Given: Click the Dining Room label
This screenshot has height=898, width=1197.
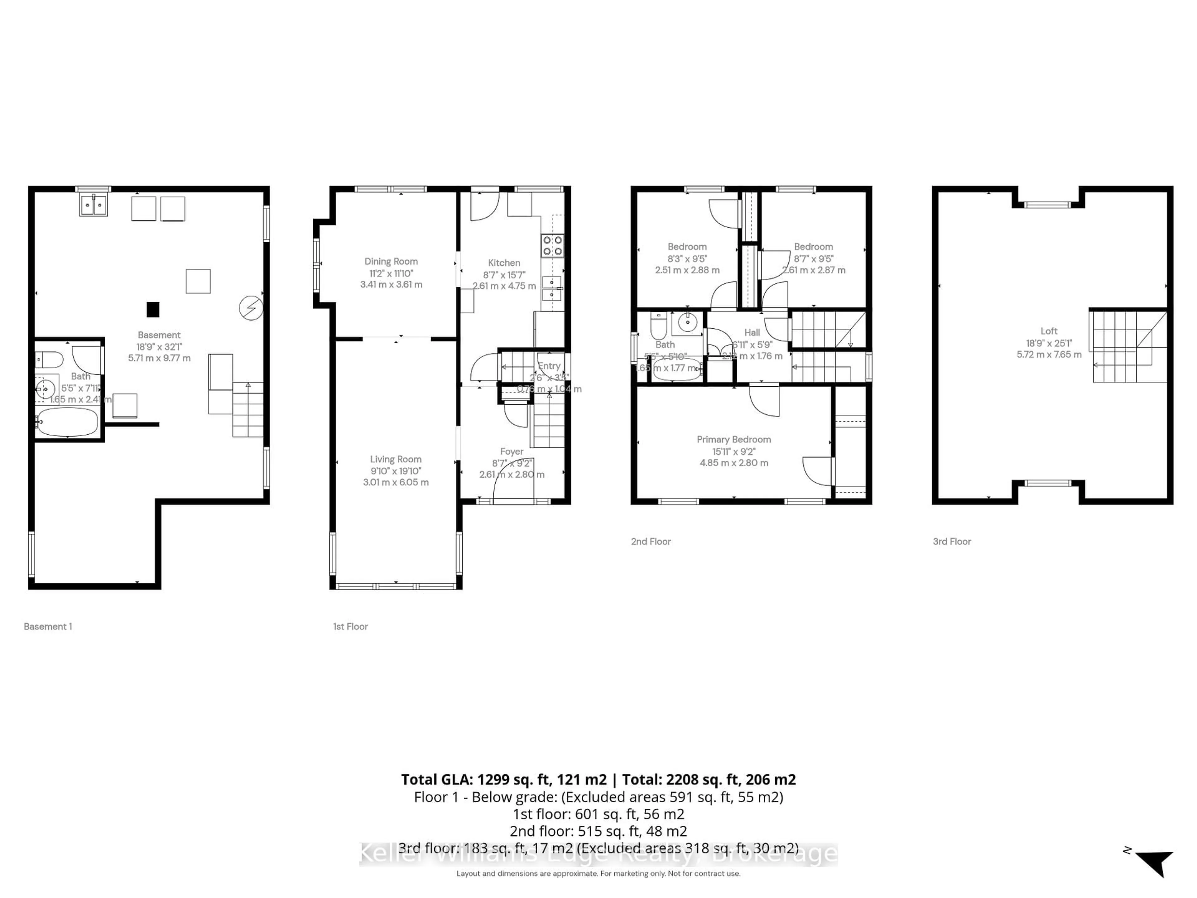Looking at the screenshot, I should (x=391, y=261).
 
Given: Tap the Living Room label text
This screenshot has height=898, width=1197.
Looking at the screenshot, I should (x=396, y=459).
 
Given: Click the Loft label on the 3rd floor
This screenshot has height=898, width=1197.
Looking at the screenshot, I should (x=1048, y=331).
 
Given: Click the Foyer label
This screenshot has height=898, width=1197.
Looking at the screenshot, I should (x=512, y=451).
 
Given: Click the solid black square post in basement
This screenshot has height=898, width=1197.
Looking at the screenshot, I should (x=153, y=309).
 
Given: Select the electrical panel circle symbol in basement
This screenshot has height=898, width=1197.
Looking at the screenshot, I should (x=251, y=308).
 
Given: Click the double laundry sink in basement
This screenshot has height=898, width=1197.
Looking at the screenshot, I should (x=93, y=205).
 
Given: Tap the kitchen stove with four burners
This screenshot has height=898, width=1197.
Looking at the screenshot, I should (x=552, y=245).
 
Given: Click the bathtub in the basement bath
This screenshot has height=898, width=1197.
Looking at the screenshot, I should (x=67, y=422).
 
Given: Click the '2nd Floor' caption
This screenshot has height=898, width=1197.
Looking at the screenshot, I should (x=651, y=541).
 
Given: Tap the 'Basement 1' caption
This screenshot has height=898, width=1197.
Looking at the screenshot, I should (x=48, y=626).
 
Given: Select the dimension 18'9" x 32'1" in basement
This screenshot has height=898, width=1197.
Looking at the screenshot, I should (x=159, y=346).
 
